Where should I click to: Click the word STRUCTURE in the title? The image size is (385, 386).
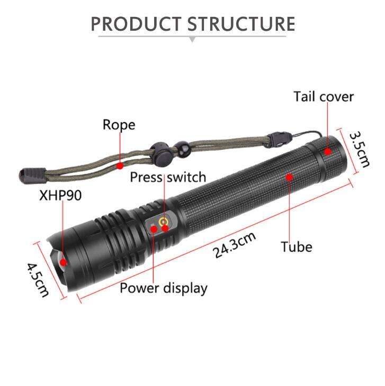click(x=241, y=24)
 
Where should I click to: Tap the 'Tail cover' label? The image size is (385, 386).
click(x=323, y=97)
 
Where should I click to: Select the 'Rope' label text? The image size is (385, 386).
click(x=119, y=125)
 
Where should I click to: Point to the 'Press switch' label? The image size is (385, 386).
click(x=168, y=177)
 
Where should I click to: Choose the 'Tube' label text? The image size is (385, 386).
click(x=297, y=246)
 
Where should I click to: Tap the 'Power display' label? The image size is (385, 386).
click(x=163, y=288)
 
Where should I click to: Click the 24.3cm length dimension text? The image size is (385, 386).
click(x=235, y=245)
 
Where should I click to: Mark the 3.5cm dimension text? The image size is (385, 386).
click(x=360, y=149)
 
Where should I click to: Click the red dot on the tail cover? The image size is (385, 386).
click(x=328, y=152)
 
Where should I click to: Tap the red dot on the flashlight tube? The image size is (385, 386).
click(x=289, y=177)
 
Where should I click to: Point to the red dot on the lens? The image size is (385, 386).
click(x=63, y=261)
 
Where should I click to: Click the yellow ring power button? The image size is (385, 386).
click(x=164, y=221)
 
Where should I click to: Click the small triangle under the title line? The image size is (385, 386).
click(x=192, y=39)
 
